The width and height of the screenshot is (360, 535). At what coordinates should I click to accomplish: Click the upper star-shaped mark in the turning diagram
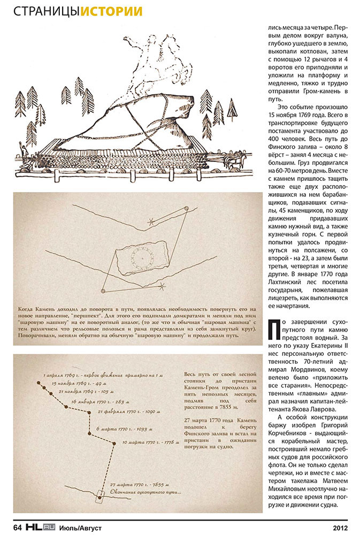(x=152, y=220)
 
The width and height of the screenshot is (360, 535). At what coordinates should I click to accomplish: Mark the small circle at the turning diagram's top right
(x=186, y=208)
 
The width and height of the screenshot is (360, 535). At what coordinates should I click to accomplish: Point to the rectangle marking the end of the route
(x=98, y=496)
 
